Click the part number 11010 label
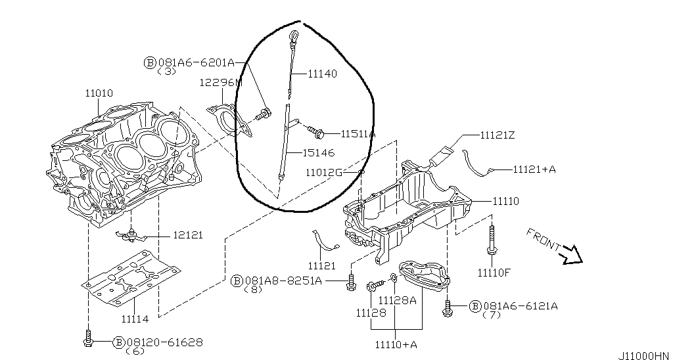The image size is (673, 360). pos(99,93)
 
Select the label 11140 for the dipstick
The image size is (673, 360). pos(322,74)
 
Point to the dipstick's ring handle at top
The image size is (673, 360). pos(294,35)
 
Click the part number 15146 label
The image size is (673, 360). pos(319,153)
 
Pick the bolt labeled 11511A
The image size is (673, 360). pos(316,132)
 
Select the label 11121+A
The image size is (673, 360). pos(534,169)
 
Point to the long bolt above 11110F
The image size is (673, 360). pos(491,240)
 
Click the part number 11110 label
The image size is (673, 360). pos(505,201)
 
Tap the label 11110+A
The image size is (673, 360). pos(396,344)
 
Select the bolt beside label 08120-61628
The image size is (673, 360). pos(89,338)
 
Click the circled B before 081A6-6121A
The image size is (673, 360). pos(475,306)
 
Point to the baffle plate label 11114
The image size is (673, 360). pos(135,319)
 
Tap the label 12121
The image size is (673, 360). pos(188,235)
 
